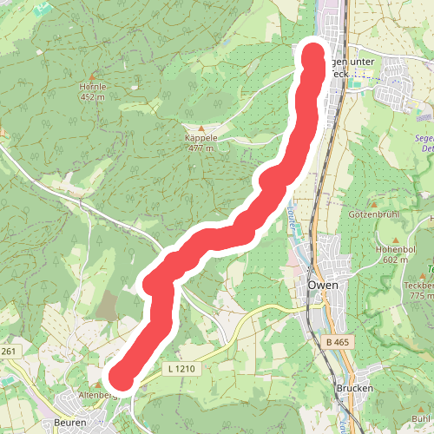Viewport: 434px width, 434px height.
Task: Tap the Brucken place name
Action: (353, 389)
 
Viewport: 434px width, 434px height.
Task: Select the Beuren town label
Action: (69, 423)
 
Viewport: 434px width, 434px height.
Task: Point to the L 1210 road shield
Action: (179, 369)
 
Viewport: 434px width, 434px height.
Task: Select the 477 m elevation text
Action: (200, 148)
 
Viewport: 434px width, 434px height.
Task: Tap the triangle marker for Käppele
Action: (200, 128)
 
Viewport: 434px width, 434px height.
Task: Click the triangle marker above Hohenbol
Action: (397, 239)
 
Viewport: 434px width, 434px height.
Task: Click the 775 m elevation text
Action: (420, 297)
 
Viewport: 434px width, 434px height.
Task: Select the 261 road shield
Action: (9, 351)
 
